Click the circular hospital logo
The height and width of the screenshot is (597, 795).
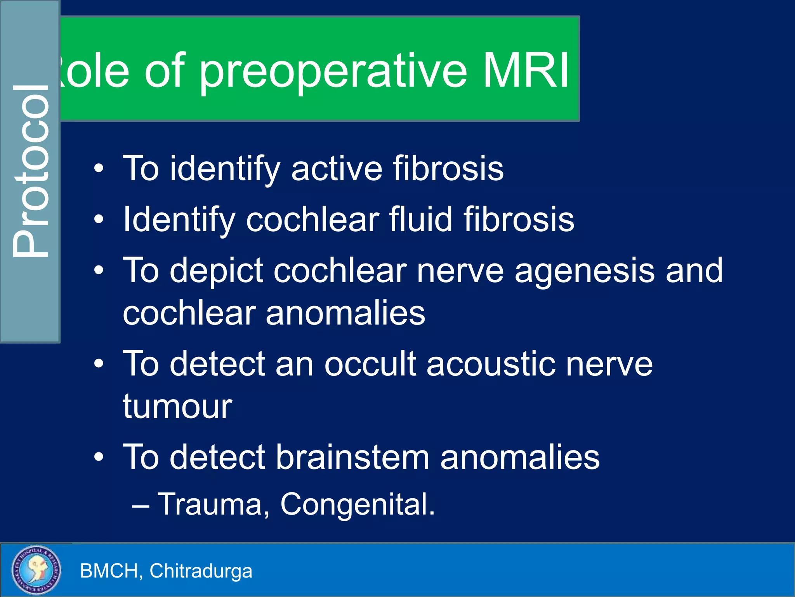coord(36,569)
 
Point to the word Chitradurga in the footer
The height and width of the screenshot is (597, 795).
coord(201,571)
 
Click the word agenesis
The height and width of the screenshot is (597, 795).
coord(585,271)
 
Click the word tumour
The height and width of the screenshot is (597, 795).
coord(177,407)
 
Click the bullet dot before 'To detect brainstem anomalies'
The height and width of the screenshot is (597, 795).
coord(99,457)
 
